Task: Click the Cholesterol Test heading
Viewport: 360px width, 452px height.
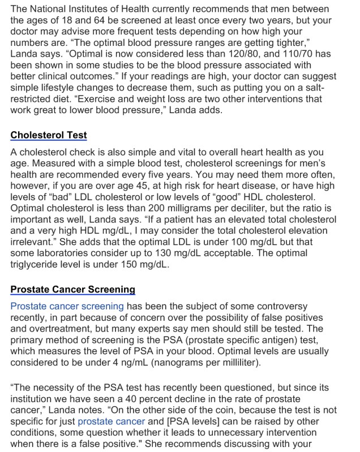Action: point(49,136)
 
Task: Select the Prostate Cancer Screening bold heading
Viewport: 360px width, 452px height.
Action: point(72,289)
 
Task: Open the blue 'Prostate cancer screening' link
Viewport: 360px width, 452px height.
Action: point(67,306)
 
